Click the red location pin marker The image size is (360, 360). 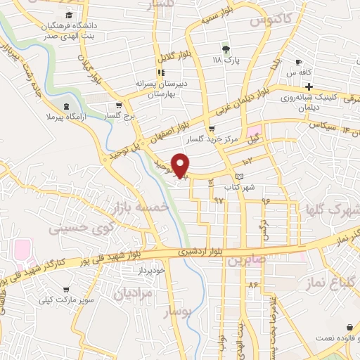tap(180, 165)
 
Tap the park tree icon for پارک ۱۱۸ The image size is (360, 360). tap(226, 49)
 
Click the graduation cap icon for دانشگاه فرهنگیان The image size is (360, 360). tap(69, 15)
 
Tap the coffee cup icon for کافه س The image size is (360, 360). tap(299, 62)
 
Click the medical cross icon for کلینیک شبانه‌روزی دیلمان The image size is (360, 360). tap(309, 86)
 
